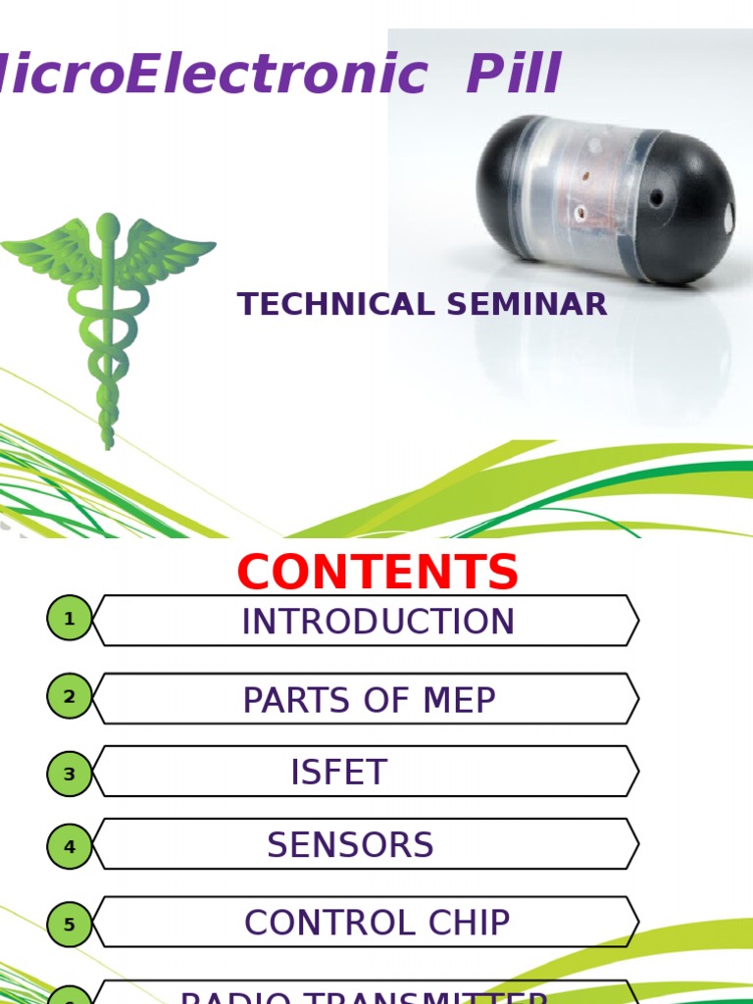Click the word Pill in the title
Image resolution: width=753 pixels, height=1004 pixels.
pyautogui.click(x=514, y=75)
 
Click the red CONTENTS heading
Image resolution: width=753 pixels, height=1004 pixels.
pyautogui.click(x=377, y=573)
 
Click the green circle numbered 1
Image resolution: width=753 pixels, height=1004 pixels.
pyautogui.click(x=70, y=620)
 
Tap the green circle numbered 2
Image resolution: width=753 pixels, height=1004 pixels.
pyautogui.click(x=70, y=697)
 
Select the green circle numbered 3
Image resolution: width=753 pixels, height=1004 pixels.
pyautogui.click(x=70, y=775)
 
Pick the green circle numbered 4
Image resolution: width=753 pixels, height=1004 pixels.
pyautogui.click(x=70, y=846)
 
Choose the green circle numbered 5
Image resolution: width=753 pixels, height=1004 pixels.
pyautogui.click(x=70, y=924)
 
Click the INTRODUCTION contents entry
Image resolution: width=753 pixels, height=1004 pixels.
pyautogui.click(x=377, y=622)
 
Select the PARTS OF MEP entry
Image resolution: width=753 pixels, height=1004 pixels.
pyautogui.click(x=369, y=700)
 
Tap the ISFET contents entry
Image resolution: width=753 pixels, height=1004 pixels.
pyautogui.click(x=339, y=774)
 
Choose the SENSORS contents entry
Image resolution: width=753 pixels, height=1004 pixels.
pyautogui.click(x=350, y=845)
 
